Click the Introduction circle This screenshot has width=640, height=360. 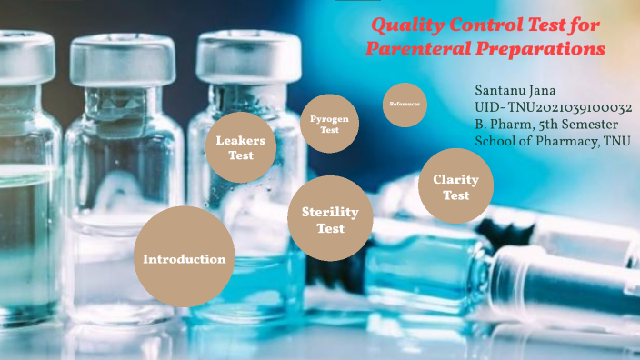coord(184,258)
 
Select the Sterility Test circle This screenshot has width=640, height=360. coord(330,219)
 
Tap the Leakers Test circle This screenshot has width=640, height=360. coord(240,147)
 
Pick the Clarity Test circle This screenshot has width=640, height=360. coord(455,186)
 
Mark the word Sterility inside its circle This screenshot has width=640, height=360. coord(330,212)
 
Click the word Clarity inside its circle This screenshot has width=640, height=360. coord(455,180)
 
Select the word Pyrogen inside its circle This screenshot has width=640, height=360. coord(329,119)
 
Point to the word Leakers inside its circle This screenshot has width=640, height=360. coord(240,140)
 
